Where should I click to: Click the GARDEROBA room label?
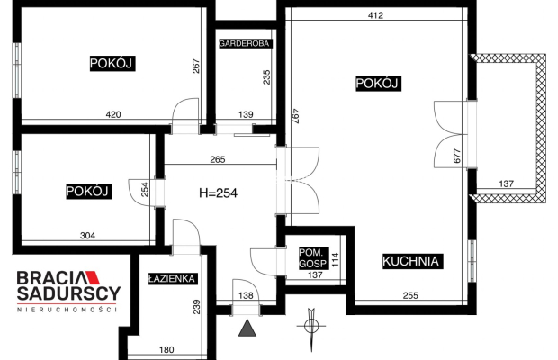[x=246, y=42]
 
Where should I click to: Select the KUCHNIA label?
[x=410, y=262]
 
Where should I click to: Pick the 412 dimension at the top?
[x=375, y=15]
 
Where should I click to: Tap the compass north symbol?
[x=311, y=324]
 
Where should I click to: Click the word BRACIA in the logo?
[x=52, y=279]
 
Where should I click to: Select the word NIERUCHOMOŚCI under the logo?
[x=68, y=310]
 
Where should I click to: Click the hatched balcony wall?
[x=541, y=126]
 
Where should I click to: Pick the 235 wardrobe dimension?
[x=265, y=77]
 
